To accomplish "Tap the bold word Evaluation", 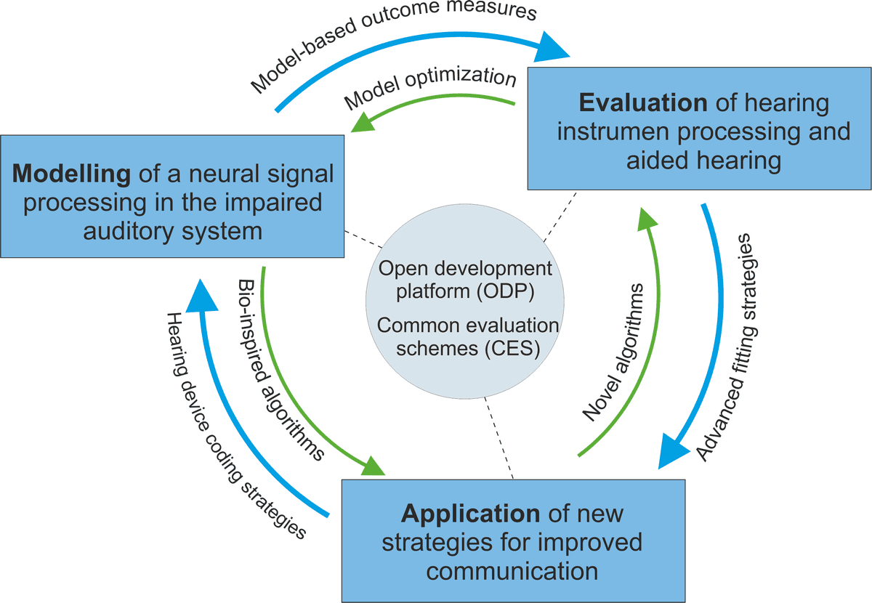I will coord(642,102).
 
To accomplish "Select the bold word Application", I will coord(470,514).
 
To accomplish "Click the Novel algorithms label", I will coord(614,352).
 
